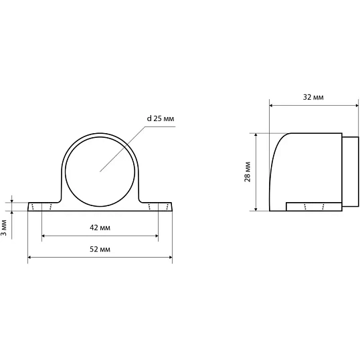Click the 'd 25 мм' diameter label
161,118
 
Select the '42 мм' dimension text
100,228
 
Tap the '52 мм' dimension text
100,249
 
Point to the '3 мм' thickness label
4,228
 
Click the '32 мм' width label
313,97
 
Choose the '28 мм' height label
248,172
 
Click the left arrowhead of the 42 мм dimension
43,236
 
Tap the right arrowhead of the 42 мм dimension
157,236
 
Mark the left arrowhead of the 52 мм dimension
29,258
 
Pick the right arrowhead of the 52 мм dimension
171,258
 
